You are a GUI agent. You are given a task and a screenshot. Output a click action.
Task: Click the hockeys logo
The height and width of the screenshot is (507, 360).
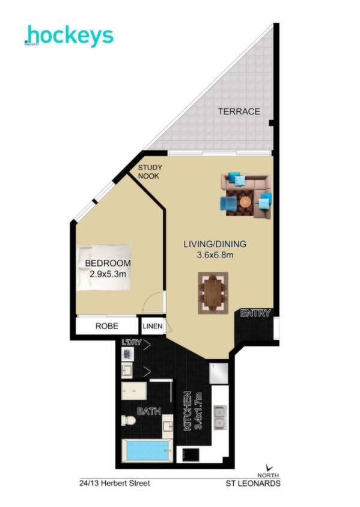coord(69,35)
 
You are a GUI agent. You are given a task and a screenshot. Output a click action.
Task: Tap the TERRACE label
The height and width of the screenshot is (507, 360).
coord(239,111)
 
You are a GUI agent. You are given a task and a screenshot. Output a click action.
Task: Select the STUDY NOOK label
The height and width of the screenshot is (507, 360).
coord(150,171)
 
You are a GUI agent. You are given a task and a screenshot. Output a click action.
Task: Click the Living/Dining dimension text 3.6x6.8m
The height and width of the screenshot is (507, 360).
coord(215,255)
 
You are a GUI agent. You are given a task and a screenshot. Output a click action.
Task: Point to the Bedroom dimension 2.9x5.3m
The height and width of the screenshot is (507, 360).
coord(108,274)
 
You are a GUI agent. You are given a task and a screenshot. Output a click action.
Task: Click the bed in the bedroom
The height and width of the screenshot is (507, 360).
coord(104,267)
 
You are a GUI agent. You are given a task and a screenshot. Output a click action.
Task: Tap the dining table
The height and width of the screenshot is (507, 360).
coord(213,293)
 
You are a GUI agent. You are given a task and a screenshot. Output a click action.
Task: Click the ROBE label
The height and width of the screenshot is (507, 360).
coord(106,326)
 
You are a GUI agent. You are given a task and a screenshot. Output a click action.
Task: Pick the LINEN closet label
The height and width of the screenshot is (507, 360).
coord(153,326)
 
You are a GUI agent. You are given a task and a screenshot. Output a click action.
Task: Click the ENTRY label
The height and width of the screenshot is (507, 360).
coord(255,313)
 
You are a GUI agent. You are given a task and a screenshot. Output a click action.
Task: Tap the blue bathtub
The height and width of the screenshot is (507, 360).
coord(148,451)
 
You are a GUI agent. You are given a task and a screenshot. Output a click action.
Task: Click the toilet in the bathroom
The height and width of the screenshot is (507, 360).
coord(128,420)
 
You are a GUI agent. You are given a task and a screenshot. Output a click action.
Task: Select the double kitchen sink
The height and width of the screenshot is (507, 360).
coord(219,416)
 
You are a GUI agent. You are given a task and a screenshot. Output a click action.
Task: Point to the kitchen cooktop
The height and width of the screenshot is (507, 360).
coord(190,456)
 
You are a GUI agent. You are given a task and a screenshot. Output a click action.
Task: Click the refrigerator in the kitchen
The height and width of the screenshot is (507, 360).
coord(219,373)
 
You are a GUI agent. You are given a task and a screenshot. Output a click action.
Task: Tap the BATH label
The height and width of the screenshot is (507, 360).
coord(149,411)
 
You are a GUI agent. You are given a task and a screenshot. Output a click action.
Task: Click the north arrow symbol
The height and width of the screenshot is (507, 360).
coord(269,467)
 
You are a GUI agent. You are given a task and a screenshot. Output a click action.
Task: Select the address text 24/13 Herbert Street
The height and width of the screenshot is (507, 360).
coord(115,484)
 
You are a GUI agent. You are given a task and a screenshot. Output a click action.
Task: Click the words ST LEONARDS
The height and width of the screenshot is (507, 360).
coord(253,484)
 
